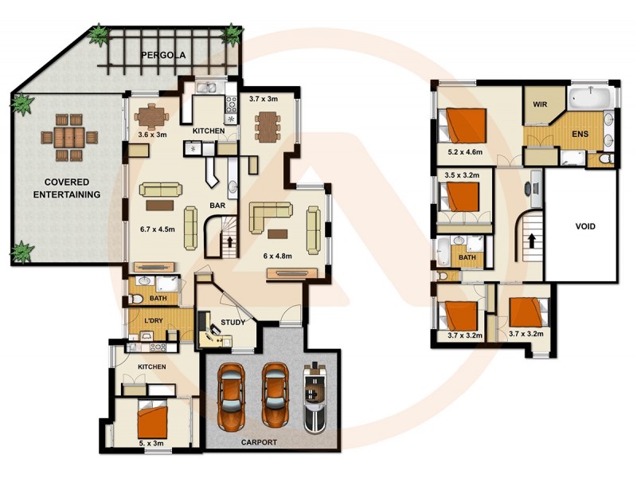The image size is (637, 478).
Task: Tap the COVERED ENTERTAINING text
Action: tap(66, 188)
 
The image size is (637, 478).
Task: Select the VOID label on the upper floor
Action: tap(584, 225)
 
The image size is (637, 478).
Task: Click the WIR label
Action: tap(539, 104)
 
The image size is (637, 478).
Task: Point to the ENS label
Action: tap(580, 133)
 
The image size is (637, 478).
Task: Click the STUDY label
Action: tap(233, 323)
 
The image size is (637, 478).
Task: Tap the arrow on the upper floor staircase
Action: tap(530, 237)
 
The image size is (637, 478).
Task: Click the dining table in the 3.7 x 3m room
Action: tap(268, 126)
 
